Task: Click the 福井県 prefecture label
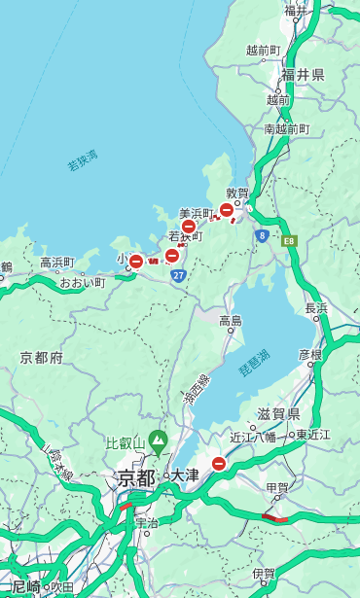303,75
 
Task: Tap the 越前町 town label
263,50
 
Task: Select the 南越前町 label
286,128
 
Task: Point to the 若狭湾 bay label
83,161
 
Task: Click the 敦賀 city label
237,193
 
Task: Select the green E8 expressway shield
289,240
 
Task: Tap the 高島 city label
231,321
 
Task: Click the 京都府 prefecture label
42,358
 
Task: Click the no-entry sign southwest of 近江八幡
219,464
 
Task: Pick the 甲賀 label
277,487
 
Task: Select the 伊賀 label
263,574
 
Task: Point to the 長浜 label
316,308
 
